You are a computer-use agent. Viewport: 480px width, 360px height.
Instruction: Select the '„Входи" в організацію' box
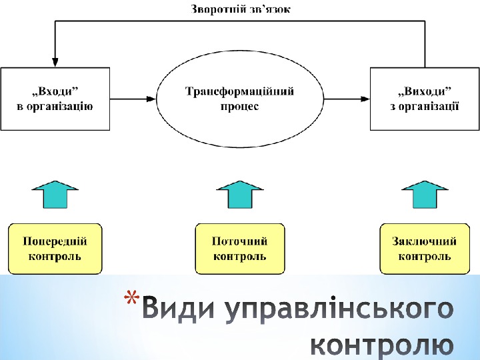[55, 98]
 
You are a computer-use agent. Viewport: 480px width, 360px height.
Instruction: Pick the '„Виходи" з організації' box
[425, 98]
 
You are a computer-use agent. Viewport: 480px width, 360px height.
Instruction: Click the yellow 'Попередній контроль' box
[55, 248]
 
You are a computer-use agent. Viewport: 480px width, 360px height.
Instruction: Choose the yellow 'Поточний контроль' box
[240, 248]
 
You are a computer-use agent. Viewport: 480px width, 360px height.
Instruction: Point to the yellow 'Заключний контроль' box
[425, 248]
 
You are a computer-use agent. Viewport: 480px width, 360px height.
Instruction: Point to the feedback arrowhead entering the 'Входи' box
[55, 61]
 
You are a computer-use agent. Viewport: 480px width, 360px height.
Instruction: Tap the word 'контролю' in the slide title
[383, 345]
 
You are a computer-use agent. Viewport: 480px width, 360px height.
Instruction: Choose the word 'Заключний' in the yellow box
[425, 241]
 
